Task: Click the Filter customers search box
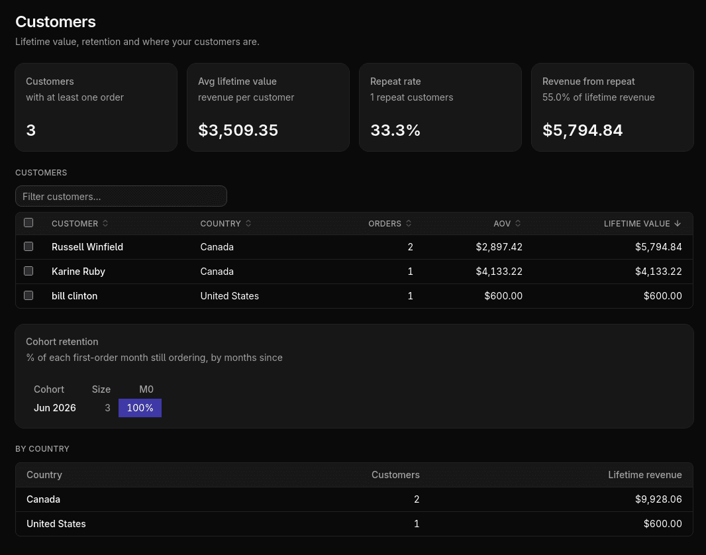pyautogui.click(x=121, y=196)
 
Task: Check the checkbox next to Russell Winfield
pyautogui.click(x=28, y=246)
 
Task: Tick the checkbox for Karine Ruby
pyautogui.click(x=28, y=271)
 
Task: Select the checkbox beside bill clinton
pyautogui.click(x=28, y=295)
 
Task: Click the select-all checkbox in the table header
pyautogui.click(x=28, y=223)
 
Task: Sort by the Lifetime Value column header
pyautogui.click(x=642, y=224)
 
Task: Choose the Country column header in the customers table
pyautogui.click(x=226, y=224)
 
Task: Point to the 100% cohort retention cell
pyautogui.click(x=140, y=408)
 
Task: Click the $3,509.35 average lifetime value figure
pyautogui.click(x=238, y=130)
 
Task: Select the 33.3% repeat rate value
pyautogui.click(x=395, y=130)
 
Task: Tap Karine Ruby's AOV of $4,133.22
pyautogui.click(x=499, y=272)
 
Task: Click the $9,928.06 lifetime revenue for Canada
pyautogui.click(x=658, y=499)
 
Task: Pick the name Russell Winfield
pyautogui.click(x=87, y=246)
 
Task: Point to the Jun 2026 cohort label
pyautogui.click(x=55, y=408)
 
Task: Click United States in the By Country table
pyautogui.click(x=56, y=523)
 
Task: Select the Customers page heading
pyautogui.click(x=56, y=22)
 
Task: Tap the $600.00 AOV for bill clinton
pyautogui.click(x=503, y=296)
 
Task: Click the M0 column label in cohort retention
pyautogui.click(x=146, y=389)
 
